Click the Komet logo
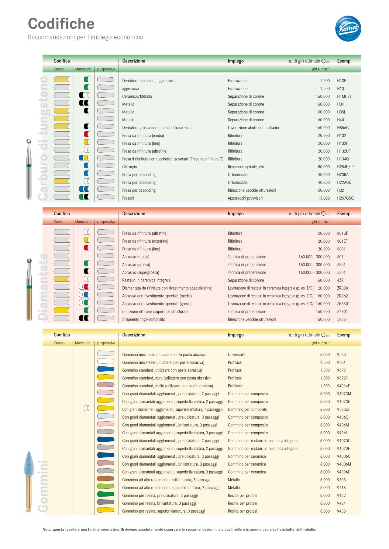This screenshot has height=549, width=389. pyautogui.click(x=348, y=29)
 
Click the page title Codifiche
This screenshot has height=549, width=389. pyautogui.click(x=61, y=24)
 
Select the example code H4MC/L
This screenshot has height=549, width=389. pyautogui.click(x=344, y=96)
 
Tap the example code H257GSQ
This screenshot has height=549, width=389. pyautogui.click(x=345, y=198)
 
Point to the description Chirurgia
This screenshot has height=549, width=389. pyautogui.click(x=129, y=167)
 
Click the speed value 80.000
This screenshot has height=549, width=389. pyautogui.click(x=324, y=167)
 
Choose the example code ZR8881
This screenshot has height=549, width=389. pyautogui.click(x=343, y=288)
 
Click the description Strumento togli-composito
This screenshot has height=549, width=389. pyautogui.click(x=143, y=319)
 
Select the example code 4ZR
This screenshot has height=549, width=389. pyautogui.click(x=340, y=280)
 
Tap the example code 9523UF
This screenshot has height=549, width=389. pyautogui.click(x=343, y=409)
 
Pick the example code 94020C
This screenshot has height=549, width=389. pyautogui.click(x=343, y=441)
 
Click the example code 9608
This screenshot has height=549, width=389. pyautogui.click(x=341, y=480)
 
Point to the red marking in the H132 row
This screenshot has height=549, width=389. pyautogui.click(x=86, y=134)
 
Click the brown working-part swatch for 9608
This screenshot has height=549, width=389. pyautogui.click(x=106, y=479)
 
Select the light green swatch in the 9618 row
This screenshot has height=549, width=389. pyautogui.click(x=106, y=487)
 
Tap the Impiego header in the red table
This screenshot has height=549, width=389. pyautogui.click(x=236, y=214)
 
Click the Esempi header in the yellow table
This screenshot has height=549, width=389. pyautogui.click(x=344, y=335)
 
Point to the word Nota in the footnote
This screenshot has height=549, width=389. pyautogui.click(x=46, y=529)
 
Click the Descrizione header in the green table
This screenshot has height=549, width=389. pyautogui.click(x=133, y=61)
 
